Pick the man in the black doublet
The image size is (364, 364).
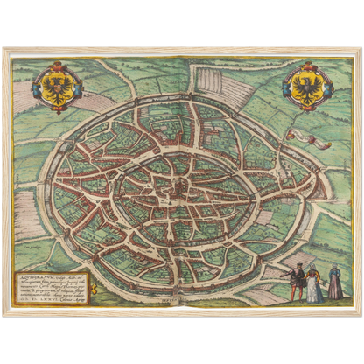pos(298,279)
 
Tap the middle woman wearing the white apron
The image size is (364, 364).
pos(314,285)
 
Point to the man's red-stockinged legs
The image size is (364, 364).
pos(298,295)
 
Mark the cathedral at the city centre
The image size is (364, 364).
pos(178,185)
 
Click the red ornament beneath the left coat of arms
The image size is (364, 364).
pos(58,110)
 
